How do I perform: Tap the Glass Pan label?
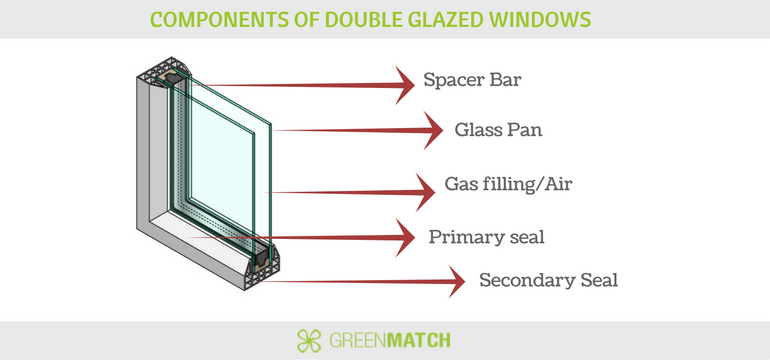(x=501, y=129)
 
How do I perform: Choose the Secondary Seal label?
(x=548, y=280)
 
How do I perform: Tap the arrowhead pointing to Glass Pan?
(x=431, y=130)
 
